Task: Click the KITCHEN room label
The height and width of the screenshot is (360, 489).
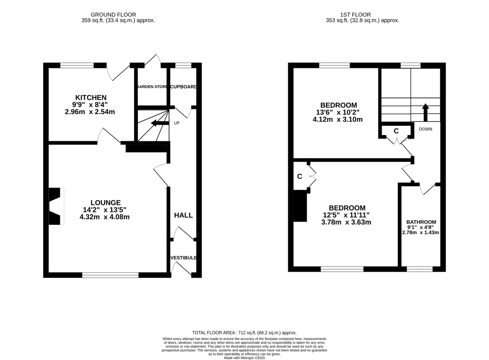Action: (90, 97)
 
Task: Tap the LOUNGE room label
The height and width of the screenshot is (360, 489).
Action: (105, 202)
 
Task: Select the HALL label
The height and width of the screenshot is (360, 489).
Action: (183, 215)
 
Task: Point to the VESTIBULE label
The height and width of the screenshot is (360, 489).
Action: (183, 258)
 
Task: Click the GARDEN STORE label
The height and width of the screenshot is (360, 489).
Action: (152, 87)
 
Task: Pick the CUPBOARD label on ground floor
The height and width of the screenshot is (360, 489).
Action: (183, 87)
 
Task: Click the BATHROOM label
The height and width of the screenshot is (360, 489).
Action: (421, 222)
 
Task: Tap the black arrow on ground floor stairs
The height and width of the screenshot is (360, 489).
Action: (159, 123)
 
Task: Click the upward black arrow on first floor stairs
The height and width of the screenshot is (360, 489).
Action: (425, 112)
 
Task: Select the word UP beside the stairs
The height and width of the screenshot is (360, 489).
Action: (177, 123)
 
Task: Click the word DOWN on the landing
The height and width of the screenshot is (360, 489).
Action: (425, 129)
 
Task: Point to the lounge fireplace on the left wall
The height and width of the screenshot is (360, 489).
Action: (56, 206)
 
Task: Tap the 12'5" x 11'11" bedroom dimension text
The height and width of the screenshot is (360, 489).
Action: (347, 215)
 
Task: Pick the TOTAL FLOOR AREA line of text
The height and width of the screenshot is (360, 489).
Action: (244, 333)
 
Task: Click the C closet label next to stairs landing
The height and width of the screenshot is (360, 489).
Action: (396, 131)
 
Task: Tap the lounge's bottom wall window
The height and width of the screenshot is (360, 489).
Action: (110, 275)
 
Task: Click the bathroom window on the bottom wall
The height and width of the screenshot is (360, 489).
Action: (419, 269)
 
